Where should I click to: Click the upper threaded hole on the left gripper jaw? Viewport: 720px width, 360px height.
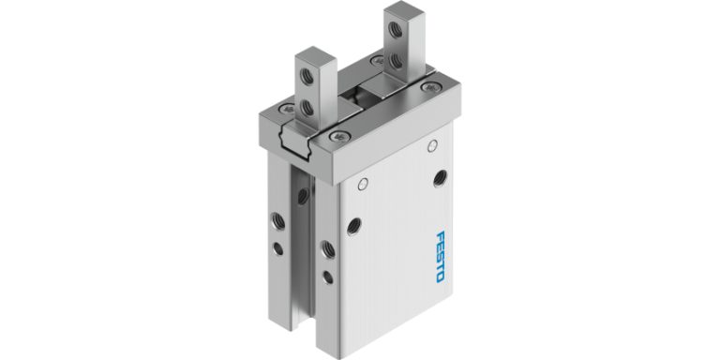point(304,69)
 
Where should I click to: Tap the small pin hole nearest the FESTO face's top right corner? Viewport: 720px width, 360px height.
point(432,145)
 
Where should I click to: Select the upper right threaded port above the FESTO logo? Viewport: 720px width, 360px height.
point(440,177)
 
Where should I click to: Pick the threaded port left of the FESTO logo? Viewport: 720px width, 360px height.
point(353,225)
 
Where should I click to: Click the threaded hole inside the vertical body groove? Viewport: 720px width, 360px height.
point(303,196)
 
